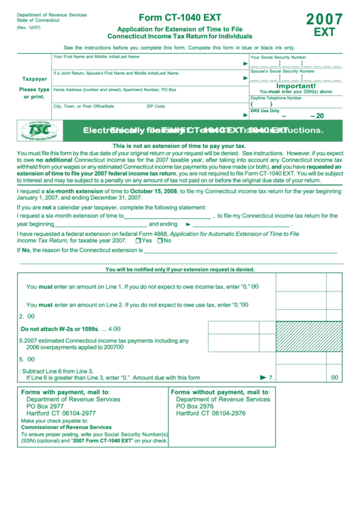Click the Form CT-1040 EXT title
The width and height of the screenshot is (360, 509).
pos(179,18)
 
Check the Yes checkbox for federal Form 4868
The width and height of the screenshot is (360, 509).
pos(139,241)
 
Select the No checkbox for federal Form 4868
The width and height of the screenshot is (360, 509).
pos(160,241)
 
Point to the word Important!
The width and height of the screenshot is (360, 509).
pos(295,86)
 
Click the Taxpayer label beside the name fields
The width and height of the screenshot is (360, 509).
pos(34,79)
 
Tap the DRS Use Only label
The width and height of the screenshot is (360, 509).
pos(265,110)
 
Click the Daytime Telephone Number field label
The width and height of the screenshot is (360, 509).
pos(278,98)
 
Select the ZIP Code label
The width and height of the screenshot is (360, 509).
pos(156,106)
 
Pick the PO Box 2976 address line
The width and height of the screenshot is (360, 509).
pos(195,406)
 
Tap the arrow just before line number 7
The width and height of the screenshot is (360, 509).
pos(264,377)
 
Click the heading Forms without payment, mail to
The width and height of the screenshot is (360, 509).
pos(220,392)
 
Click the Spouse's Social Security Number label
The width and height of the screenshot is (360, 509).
pos(282,71)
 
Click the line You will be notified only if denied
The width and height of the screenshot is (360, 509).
pos(180,269)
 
